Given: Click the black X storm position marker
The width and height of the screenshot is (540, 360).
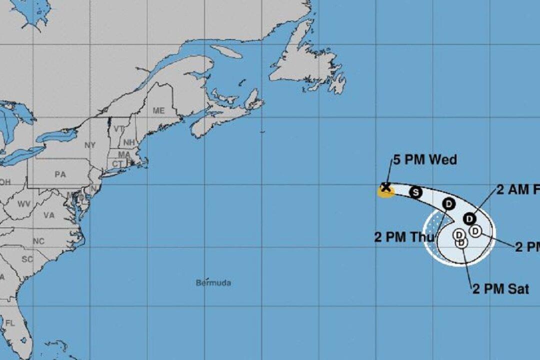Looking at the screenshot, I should [385, 187].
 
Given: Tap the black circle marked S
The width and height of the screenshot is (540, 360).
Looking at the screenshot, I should [415, 192].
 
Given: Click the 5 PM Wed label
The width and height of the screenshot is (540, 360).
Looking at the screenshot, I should [424, 160].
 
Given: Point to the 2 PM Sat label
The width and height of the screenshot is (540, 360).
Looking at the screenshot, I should [500, 289].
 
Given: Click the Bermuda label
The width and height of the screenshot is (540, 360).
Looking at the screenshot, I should [213, 283].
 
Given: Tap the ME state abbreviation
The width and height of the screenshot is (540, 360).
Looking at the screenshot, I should [158, 110].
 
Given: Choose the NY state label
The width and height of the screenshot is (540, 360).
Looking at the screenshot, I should [90, 145].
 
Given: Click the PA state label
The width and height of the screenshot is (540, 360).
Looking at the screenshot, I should [60, 174].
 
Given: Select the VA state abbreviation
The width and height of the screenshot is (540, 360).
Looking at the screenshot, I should [49, 215].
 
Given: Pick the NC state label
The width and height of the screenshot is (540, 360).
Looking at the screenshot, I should [38, 240].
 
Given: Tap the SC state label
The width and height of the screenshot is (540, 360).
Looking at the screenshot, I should [27, 259].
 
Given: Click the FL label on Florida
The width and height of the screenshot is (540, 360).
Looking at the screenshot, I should [10, 323].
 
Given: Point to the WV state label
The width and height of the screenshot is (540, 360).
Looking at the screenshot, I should [23, 204].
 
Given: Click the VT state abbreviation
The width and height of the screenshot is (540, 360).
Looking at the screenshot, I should [119, 128].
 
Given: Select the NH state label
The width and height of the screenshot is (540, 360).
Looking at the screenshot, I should [129, 142].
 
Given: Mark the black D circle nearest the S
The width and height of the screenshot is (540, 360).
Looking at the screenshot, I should [449, 204].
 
